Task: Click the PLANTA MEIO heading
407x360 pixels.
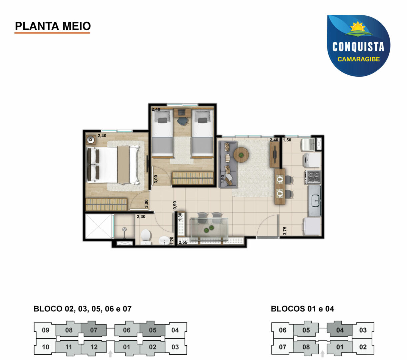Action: pyautogui.click(x=53, y=26)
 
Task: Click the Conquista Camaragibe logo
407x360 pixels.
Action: pyautogui.click(x=358, y=46)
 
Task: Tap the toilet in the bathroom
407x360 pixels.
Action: pyautogui.click(x=146, y=237)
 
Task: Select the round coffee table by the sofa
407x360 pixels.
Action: pyautogui.click(x=241, y=155)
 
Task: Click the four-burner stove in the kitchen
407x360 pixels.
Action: pyautogui.click(x=313, y=177)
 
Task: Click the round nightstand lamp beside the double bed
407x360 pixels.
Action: pyautogui.click(x=91, y=139)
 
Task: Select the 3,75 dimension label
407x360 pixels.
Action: pyautogui.click(x=285, y=231)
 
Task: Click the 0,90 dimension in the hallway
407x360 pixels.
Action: pyautogui.click(x=175, y=205)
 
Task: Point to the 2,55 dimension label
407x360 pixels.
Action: pyautogui.click(x=183, y=242)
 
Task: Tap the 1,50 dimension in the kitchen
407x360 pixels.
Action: pyautogui.click(x=287, y=140)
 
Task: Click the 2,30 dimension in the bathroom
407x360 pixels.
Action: pyautogui.click(x=141, y=217)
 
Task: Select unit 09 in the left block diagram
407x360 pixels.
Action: pyautogui.click(x=46, y=330)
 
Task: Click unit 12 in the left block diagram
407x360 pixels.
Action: pyautogui.click(x=94, y=347)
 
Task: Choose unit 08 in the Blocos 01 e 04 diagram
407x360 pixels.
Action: pyautogui.click(x=306, y=347)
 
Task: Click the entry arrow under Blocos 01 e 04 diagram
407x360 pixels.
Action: pyautogui.click(x=322, y=354)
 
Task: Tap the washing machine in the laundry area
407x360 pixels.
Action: pyautogui.click(x=312, y=160)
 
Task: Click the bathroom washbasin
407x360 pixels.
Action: pyautogui.click(x=165, y=240)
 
